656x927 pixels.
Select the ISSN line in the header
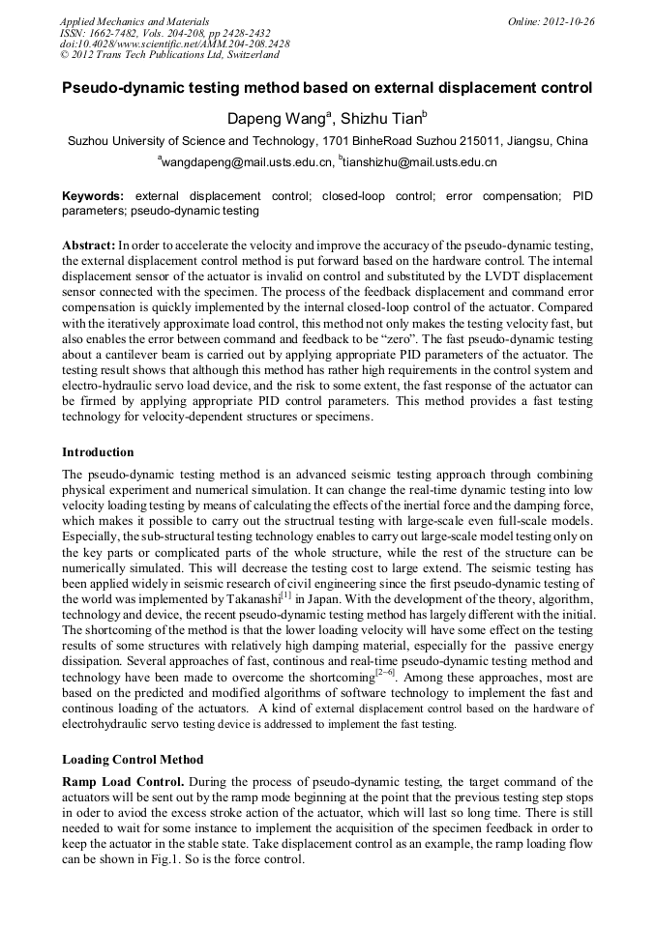164,32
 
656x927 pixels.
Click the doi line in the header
174,43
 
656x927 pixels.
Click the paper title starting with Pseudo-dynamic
327,88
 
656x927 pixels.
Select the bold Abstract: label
88,246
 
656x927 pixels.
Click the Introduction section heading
98,451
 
